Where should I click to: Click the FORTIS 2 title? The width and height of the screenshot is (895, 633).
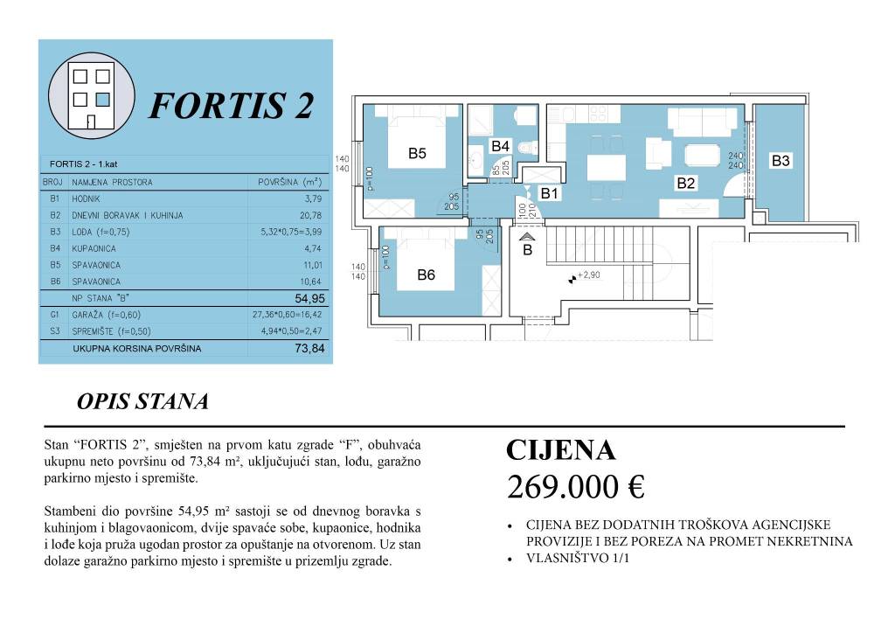click(x=231, y=106)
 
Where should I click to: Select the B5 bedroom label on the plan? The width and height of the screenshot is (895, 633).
click(x=417, y=154)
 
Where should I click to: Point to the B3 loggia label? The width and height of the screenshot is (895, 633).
click(x=781, y=161)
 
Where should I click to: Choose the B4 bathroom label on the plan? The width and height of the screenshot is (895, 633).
click(x=500, y=145)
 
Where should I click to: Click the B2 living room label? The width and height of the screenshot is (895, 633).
click(x=685, y=184)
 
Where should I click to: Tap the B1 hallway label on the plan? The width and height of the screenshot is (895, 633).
click(x=550, y=193)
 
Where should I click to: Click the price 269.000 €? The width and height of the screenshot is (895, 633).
click(x=575, y=488)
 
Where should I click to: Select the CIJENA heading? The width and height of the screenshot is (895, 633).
click(x=560, y=450)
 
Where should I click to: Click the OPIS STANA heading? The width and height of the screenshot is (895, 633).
click(x=142, y=401)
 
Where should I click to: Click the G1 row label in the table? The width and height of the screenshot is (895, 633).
click(x=54, y=314)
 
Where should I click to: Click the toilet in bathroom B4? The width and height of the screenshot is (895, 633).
click(x=526, y=150)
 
